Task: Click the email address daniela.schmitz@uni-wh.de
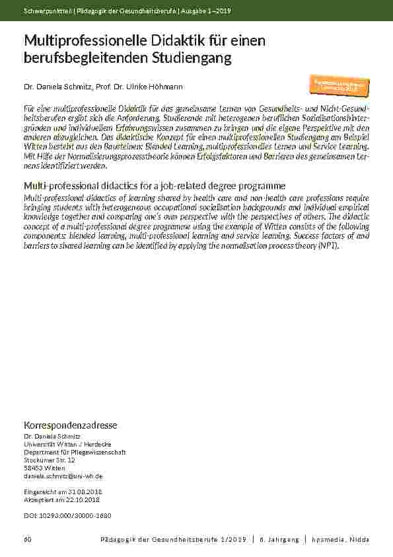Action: click(x=63, y=476)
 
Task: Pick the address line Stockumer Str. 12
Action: click(x=50, y=460)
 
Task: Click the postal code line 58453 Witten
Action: click(x=44, y=468)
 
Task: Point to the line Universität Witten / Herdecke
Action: click(x=67, y=444)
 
